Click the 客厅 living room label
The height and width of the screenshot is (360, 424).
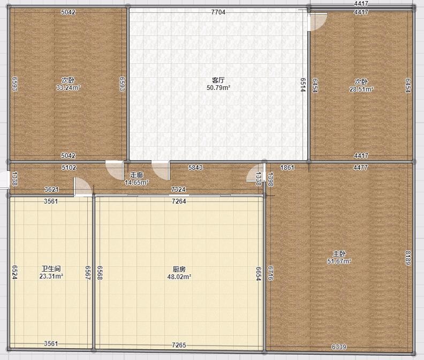pyautogui.click(x=218, y=80)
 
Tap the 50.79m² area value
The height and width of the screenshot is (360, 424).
pyautogui.click(x=218, y=88)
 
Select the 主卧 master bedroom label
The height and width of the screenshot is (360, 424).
pyautogui.click(x=339, y=254)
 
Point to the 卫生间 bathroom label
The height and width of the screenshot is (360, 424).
pyautogui.click(x=51, y=269)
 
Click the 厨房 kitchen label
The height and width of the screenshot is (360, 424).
pyautogui.click(x=179, y=269)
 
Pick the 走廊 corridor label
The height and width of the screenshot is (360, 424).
pyautogui.click(x=137, y=175)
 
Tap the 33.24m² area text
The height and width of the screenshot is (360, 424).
pyautogui.click(x=68, y=88)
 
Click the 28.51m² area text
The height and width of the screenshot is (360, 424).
pyautogui.click(x=361, y=89)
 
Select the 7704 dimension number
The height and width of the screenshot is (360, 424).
pyautogui.click(x=218, y=12)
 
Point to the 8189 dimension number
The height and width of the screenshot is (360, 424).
pyautogui.click(x=408, y=258)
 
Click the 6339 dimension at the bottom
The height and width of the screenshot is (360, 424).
pyautogui.click(x=339, y=347)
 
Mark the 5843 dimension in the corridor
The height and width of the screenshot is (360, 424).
pyautogui.click(x=195, y=168)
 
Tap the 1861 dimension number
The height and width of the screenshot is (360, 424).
pyautogui.click(x=287, y=168)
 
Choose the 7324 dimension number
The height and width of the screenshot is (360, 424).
pyautogui.click(x=178, y=190)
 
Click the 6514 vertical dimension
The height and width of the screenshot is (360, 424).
pyautogui.click(x=303, y=85)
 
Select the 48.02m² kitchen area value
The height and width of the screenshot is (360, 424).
pyautogui.click(x=179, y=277)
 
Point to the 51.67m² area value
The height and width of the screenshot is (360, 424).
pyautogui.click(x=339, y=261)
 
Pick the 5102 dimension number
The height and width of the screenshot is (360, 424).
pyautogui.click(x=69, y=168)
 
